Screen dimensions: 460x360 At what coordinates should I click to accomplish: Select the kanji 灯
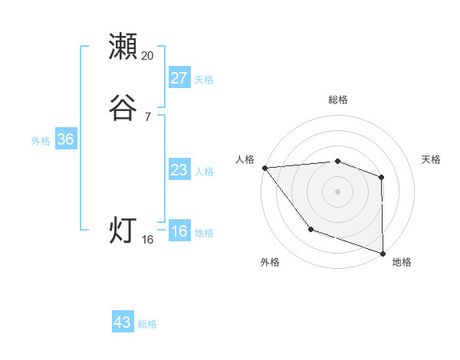point(123,230)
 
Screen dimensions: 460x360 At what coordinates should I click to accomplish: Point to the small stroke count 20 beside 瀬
point(148,56)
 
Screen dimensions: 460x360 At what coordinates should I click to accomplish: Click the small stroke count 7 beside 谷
point(148,116)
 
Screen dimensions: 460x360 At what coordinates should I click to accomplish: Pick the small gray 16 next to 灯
point(148,240)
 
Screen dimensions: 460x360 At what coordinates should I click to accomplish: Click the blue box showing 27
point(179,78)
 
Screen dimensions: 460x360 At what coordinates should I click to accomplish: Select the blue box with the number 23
point(179,170)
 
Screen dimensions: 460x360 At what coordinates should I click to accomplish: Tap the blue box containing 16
point(179,232)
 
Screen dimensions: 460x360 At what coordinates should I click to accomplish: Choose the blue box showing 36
point(65,139)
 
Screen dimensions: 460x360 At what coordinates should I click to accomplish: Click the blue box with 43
point(123,322)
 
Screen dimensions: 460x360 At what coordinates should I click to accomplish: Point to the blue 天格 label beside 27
point(204,80)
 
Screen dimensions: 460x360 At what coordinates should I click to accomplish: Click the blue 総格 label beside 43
point(147,324)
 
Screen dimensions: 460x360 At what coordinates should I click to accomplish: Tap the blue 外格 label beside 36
point(41,141)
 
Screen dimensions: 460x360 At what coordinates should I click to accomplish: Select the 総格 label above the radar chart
point(338,100)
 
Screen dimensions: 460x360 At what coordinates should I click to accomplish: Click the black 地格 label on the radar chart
point(402,262)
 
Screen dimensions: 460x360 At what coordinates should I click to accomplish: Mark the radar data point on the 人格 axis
point(264,167)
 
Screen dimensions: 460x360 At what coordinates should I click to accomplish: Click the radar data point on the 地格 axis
point(382,252)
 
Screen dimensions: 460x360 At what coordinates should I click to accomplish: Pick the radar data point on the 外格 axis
point(310,228)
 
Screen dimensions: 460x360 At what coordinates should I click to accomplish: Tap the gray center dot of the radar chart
point(337,191)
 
